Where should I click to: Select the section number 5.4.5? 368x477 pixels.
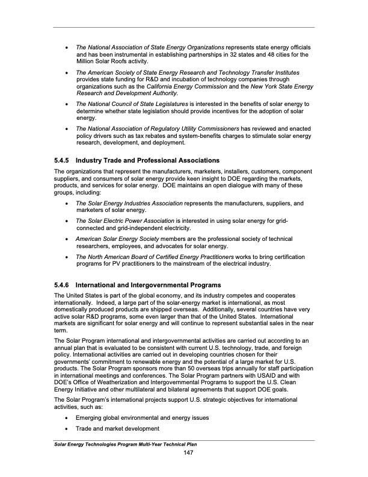click(63, 160)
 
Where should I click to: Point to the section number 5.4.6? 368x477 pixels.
click(63, 284)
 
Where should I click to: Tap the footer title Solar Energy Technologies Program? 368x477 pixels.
click(103, 444)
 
